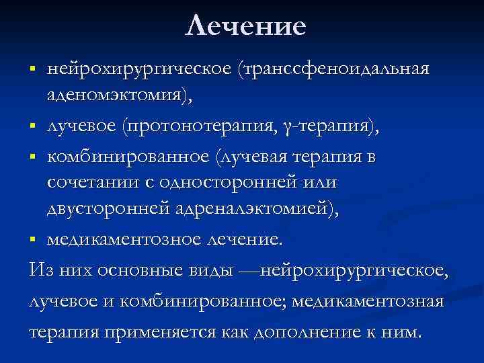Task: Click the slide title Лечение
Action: point(245,26)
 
